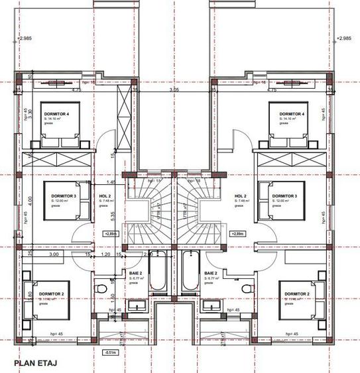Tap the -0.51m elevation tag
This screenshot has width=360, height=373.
click(x=109, y=352)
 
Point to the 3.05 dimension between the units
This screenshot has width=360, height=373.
click(x=174, y=89)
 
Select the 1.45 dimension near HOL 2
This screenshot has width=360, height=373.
click(x=110, y=182)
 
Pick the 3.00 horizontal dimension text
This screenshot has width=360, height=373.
click(x=54, y=254)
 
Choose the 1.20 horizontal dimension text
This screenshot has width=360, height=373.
click(x=107, y=254)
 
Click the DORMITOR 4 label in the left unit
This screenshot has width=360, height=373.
click(x=56, y=114)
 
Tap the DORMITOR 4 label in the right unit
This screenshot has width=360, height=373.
click(x=291, y=114)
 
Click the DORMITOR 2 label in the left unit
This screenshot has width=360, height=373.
click(x=51, y=293)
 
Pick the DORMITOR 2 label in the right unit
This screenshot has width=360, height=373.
click(x=294, y=293)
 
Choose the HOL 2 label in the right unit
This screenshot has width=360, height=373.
click(x=240, y=196)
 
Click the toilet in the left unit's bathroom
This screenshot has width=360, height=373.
click(x=99, y=289)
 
